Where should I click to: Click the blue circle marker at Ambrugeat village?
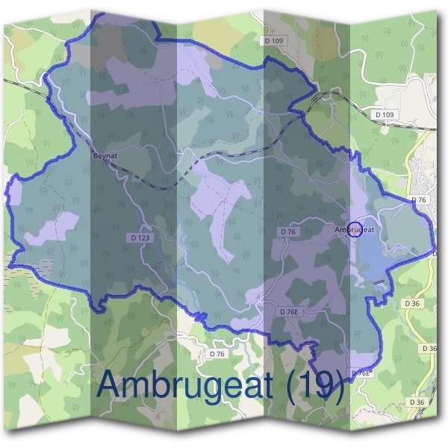355,229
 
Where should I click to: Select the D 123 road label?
140,237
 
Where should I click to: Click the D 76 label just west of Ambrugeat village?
288,232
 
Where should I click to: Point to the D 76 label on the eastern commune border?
419,200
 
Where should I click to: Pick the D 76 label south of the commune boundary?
217,353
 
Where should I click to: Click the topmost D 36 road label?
411,303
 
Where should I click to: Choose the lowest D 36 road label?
416,402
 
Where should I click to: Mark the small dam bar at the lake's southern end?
381,281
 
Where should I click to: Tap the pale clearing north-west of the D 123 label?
52,228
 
